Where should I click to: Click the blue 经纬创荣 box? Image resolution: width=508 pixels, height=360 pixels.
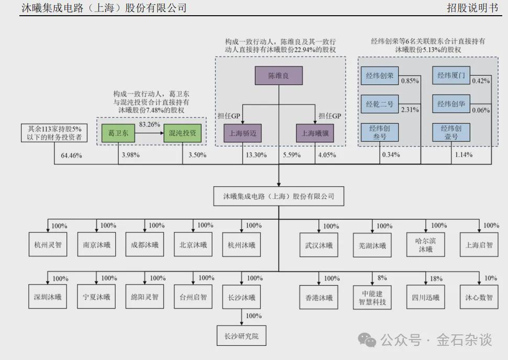click(380, 76)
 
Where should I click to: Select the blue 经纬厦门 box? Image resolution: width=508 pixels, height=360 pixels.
click(451, 76)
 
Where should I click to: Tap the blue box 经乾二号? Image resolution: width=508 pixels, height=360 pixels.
click(380, 104)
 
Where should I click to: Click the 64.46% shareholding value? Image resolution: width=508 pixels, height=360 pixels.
click(72, 155)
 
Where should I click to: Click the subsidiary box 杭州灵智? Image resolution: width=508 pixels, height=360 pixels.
click(48, 245)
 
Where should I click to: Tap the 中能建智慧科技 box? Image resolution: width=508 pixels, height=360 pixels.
click(372, 298)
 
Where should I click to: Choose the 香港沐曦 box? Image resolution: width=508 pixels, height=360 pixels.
click(319, 298)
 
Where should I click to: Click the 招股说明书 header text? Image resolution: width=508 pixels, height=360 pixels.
click(474, 8)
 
